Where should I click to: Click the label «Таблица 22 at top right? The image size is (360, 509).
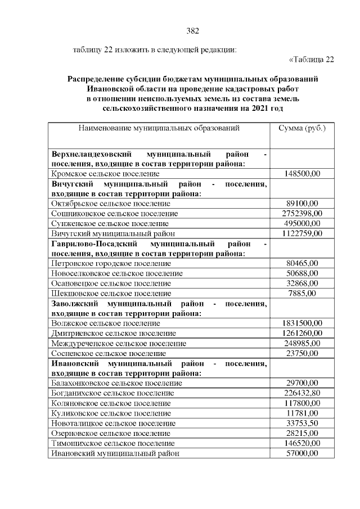point(312,60)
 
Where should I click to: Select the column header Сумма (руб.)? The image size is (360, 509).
point(302,128)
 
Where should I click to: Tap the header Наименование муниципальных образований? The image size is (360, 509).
point(159,128)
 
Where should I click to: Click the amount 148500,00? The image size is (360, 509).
point(302,174)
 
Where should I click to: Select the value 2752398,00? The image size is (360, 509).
point(302,213)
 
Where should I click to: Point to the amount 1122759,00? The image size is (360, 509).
point(302,233)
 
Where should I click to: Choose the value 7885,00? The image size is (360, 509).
point(302,293)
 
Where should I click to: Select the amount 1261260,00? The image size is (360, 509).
point(302,333)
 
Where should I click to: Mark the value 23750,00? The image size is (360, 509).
point(302,353)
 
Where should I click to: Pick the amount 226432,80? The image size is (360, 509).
point(302,393)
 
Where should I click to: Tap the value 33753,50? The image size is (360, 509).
point(302,423)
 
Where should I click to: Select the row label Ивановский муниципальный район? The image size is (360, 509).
point(115,453)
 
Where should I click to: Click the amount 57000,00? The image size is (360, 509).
point(302,453)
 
